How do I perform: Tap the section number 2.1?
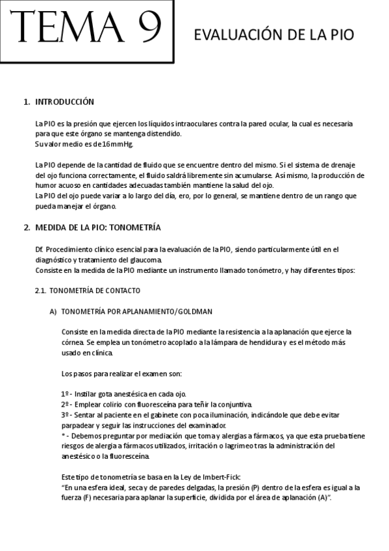42,290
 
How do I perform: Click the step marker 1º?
65,394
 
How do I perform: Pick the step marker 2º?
65,404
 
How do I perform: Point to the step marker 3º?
65,414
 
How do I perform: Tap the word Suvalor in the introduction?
47,143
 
